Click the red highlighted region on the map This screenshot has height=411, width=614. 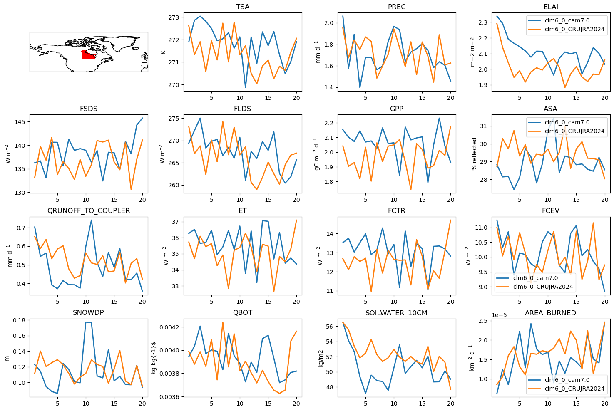[89, 54]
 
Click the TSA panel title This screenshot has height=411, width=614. [243, 7]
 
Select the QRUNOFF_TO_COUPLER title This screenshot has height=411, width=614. [89, 211]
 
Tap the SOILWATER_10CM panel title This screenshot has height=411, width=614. [396, 313]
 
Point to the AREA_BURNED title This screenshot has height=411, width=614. [550, 313]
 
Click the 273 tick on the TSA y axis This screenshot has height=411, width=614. [174, 17]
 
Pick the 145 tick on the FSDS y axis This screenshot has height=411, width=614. [20, 122]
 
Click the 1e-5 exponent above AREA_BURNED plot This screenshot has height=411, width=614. [499, 315]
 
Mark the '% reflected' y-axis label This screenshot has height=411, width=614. [474, 154]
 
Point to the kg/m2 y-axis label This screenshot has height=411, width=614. [321, 359]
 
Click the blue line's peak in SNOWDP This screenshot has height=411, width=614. [86, 322]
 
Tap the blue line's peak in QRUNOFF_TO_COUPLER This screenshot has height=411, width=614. [91, 220]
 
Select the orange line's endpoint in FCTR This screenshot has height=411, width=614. [451, 220]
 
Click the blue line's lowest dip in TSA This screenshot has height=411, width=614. [245, 87]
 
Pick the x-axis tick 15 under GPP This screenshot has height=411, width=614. [422, 200]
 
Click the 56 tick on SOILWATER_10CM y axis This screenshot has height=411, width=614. [329, 326]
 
